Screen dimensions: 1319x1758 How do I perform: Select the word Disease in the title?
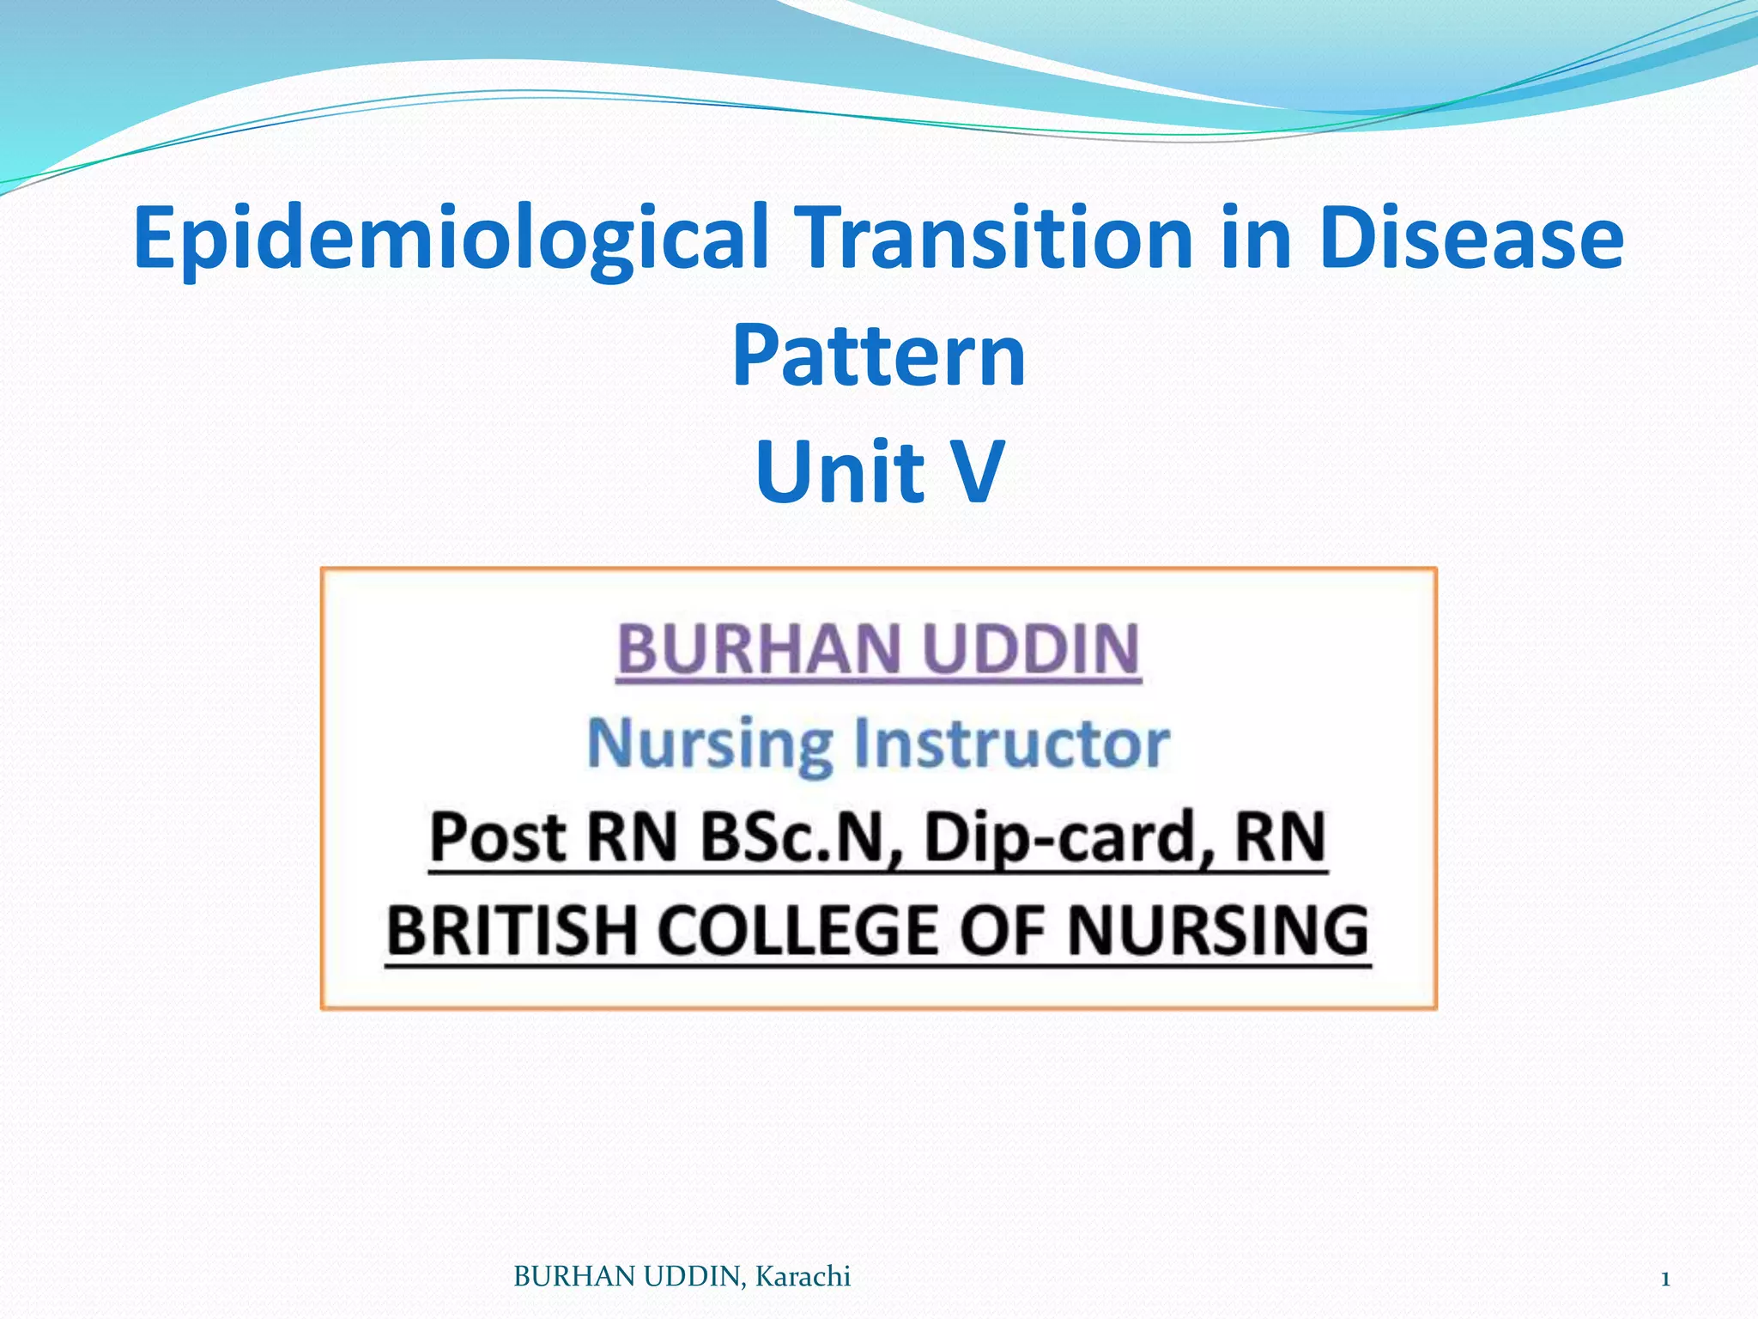pos(1470,236)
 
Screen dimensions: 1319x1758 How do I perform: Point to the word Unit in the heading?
pos(840,471)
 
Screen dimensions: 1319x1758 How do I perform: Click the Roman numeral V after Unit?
pos(978,471)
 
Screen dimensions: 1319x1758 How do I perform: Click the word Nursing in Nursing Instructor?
pos(710,744)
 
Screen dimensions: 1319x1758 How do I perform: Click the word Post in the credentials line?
pos(498,837)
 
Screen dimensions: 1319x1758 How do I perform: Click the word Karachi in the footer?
pos(803,1277)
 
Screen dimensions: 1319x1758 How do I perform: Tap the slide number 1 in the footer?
pos(1664,1279)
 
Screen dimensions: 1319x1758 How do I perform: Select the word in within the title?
pos(1257,236)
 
